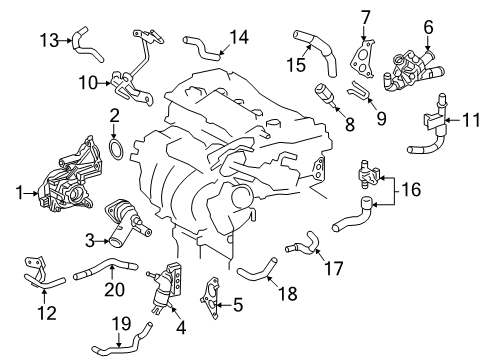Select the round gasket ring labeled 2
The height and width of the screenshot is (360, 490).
click(116, 152)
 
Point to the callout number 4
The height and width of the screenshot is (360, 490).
click(181, 325)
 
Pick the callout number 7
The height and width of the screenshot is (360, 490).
click(366, 17)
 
